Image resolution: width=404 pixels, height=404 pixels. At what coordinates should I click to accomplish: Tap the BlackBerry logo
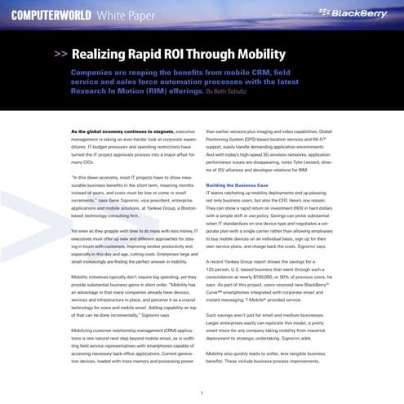pos(364,12)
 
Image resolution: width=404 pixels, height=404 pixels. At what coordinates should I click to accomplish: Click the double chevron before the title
pos(60,53)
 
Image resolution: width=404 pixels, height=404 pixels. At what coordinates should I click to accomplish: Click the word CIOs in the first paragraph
pos(81,164)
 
